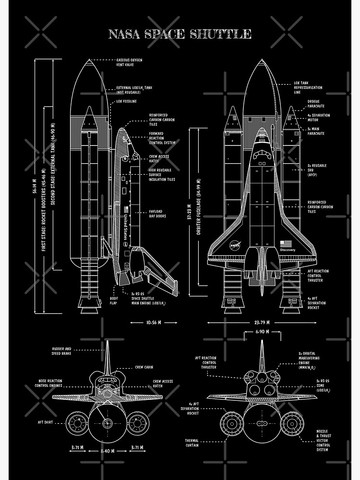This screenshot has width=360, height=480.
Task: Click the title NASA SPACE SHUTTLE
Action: (180, 34)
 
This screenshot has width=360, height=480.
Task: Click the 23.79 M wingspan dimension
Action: (262, 323)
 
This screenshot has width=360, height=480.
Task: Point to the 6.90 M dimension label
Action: (262, 332)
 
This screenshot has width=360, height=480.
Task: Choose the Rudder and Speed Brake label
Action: (61, 351)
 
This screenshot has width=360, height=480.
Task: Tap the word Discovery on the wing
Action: (288, 250)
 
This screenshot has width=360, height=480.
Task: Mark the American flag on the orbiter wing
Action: (286, 243)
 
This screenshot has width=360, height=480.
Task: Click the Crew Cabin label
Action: (144, 367)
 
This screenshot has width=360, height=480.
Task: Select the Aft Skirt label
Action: (45, 422)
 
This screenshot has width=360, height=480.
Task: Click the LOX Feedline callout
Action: (127, 102)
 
